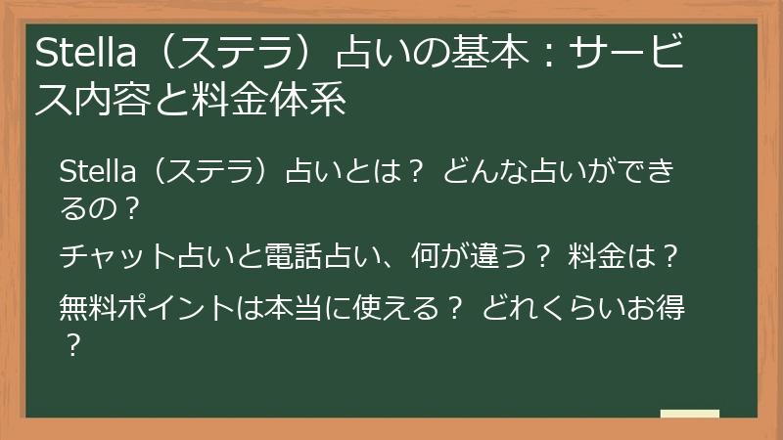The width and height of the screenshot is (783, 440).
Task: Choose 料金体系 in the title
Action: pyautogui.click(x=274, y=100)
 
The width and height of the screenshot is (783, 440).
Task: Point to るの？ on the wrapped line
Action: pyautogui.click(x=101, y=207)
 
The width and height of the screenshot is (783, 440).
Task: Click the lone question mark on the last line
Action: pyautogui.click(x=70, y=344)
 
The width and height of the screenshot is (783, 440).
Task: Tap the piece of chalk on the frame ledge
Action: pyautogui.click(x=689, y=414)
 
